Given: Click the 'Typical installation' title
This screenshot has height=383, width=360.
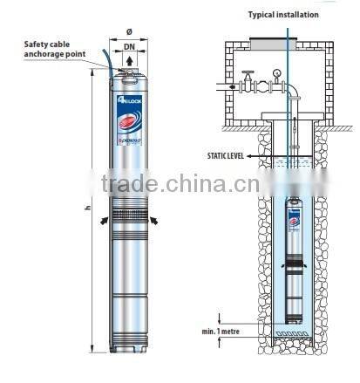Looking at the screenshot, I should click(283, 15).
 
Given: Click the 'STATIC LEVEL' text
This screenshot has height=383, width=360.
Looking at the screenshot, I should click(225, 154).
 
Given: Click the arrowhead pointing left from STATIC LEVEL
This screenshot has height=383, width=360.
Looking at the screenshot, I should click(249, 154).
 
